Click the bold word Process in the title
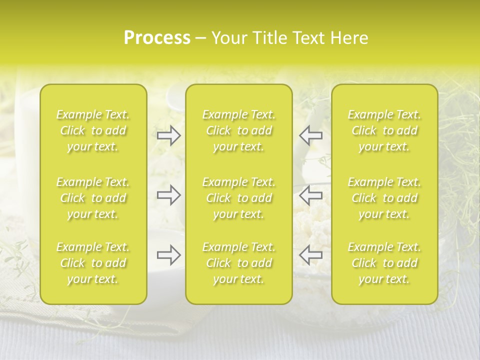pos(157,38)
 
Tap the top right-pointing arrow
pos(169,135)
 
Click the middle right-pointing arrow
pos(169,195)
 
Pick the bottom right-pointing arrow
pos(169,255)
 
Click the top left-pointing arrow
pos(310,135)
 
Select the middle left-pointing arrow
pos(310,195)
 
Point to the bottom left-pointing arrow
pos(310,255)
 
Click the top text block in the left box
pos(93,130)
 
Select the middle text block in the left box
pos(93,198)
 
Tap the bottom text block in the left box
pos(93,263)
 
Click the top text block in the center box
pos(238,130)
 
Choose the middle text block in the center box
pos(238,198)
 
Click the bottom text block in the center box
pos(238,263)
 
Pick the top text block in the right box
pos(384,130)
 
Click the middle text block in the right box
pos(384,198)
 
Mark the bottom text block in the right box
pos(384,263)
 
